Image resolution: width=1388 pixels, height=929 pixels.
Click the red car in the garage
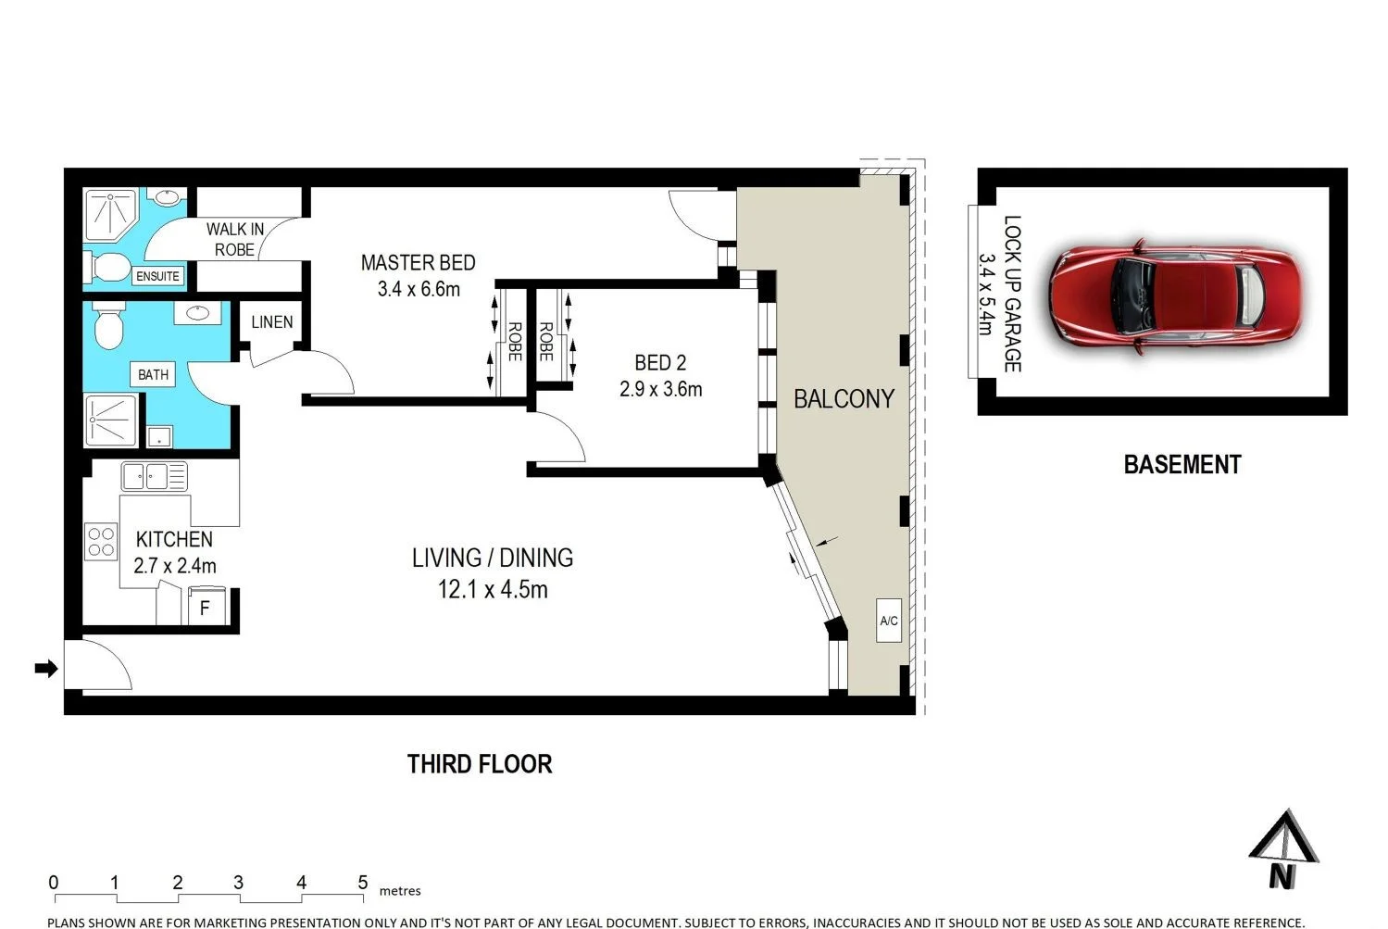(1174, 296)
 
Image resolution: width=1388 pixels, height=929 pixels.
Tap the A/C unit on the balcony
(889, 621)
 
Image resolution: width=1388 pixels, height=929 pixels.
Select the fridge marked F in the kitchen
(206, 608)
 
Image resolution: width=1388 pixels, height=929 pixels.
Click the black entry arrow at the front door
(45, 668)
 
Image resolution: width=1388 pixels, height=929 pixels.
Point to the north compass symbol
(1282, 848)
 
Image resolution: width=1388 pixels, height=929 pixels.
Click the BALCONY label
(844, 399)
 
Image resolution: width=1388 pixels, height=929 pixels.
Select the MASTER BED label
(418, 263)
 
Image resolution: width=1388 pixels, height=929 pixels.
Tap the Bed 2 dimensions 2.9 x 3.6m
(660, 390)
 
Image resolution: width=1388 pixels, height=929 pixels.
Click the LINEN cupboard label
(271, 322)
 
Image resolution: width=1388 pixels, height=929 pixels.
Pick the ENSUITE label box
(157, 276)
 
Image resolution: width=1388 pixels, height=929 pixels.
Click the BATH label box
(153, 374)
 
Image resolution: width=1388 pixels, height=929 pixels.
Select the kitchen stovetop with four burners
(100, 542)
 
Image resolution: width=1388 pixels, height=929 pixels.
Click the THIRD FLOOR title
(480, 764)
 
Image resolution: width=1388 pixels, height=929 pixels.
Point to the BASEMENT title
(1182, 464)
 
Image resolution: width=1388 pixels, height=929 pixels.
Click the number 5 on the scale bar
(363, 882)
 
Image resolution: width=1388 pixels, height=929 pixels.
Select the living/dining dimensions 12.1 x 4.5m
(493, 589)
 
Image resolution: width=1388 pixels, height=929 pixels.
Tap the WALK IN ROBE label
(234, 239)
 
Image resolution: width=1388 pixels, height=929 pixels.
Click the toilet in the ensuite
(108, 268)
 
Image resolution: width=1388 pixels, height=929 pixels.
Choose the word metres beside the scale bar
(400, 891)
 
